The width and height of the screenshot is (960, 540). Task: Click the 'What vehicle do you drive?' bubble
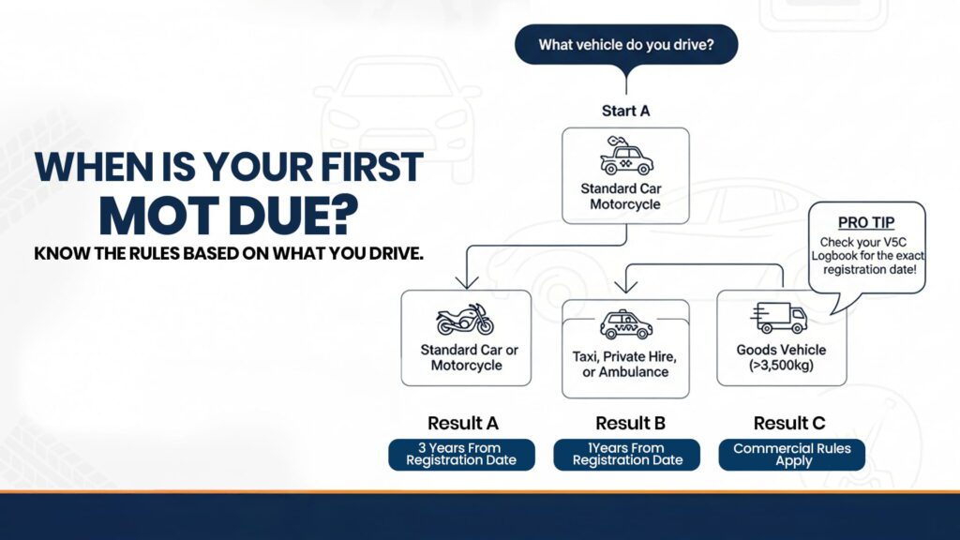pos(625,45)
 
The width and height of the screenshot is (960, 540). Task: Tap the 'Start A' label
pos(625,111)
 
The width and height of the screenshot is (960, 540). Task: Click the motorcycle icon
pos(465,320)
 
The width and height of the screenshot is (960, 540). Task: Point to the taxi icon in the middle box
pos(626,324)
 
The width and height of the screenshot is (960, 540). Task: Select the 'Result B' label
pos(626,423)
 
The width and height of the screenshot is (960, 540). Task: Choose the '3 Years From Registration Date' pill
pos(461,455)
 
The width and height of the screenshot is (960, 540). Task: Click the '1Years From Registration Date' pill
pos(626,455)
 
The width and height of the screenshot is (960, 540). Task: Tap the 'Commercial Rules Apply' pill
pos(792,455)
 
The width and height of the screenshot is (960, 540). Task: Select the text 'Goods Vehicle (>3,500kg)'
pos(782,357)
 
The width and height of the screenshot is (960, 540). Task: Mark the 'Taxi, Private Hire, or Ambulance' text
pos(626,365)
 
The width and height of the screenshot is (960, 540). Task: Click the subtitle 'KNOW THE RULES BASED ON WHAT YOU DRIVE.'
pos(229,254)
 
